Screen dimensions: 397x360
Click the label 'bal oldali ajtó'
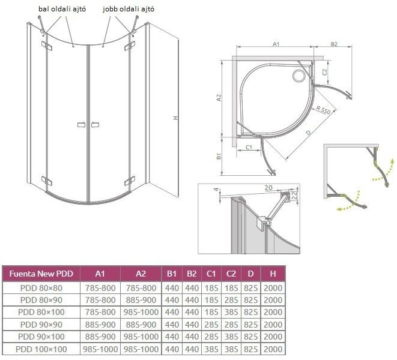pos(62,9)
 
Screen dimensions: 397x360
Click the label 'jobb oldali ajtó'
pos(129,9)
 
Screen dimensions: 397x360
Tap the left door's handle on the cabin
pos(81,125)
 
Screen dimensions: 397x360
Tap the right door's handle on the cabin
pos(95,125)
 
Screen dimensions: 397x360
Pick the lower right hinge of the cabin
pos(130,181)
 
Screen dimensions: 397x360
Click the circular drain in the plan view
pos(299,76)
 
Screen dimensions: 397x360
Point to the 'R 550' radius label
pos(323,110)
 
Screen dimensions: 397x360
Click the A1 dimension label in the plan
pos(276,44)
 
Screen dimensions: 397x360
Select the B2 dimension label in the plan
pos(334,44)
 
